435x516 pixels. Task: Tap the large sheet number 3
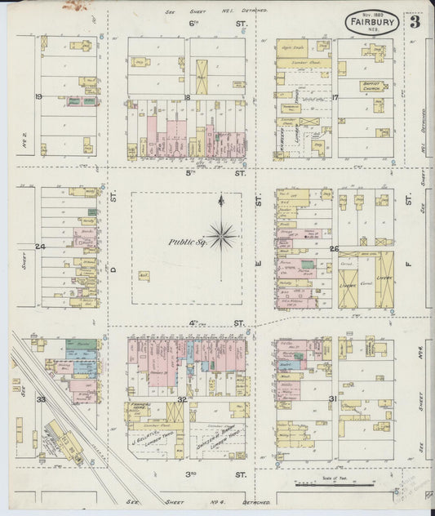415,22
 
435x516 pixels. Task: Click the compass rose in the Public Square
220,237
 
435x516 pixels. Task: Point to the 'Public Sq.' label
185,242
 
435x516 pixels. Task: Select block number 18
187,97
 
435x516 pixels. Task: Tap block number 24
38,246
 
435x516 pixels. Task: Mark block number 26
334,248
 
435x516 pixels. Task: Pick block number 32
183,399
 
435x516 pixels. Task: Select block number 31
333,398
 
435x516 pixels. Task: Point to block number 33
40,399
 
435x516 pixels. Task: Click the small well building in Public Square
144,277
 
